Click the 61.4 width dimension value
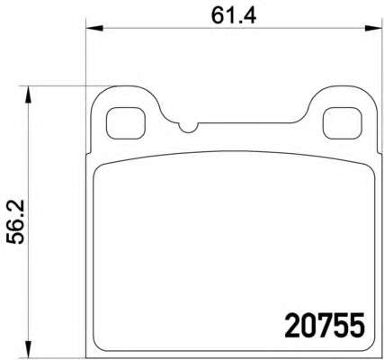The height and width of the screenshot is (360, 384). click(x=234, y=15)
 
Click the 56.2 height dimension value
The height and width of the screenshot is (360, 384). click(x=15, y=222)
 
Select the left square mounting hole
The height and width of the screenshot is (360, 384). click(x=126, y=123)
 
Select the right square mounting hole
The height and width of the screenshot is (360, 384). click(x=342, y=123)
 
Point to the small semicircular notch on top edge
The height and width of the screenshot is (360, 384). click(x=188, y=129)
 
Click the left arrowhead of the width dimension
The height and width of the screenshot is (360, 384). click(x=94, y=29)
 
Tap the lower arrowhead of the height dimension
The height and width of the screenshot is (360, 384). click(x=28, y=349)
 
